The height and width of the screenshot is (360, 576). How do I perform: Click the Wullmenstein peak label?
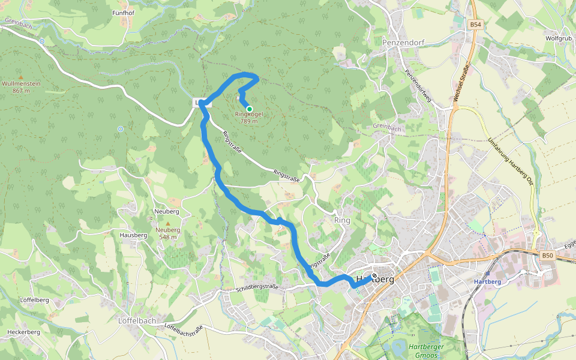[21, 84]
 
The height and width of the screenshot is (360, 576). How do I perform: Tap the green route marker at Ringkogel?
[249, 109]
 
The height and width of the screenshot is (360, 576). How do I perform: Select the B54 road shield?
[475, 25]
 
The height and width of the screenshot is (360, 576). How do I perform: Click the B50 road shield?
[547, 256]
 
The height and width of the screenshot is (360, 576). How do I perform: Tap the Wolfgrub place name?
[558, 38]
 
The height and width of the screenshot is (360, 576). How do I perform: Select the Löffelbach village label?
[138, 320]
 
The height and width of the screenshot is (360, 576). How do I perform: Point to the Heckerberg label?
[23, 332]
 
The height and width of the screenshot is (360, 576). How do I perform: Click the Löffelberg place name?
[34, 299]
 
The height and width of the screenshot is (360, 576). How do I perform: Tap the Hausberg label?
[133, 235]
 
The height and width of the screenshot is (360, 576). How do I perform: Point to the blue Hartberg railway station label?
[487, 282]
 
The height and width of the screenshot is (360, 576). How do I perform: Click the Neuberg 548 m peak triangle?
[168, 223]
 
